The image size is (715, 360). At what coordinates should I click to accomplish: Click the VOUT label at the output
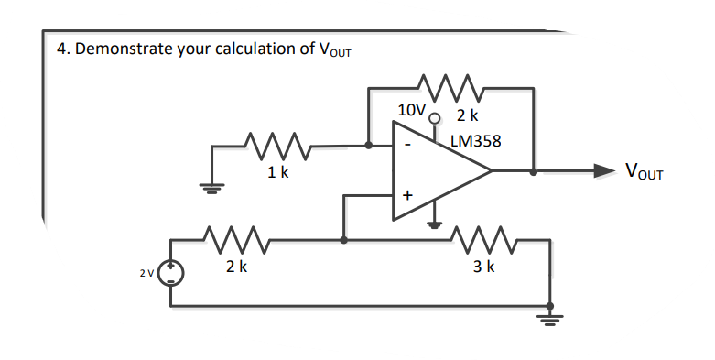(645, 171)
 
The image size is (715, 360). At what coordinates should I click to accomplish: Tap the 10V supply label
(412, 110)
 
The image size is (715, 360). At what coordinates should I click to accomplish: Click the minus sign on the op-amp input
(408, 145)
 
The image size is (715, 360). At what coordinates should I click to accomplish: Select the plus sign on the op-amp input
(408, 195)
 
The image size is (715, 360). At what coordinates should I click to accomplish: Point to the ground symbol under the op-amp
(437, 224)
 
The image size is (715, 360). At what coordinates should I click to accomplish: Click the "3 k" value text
(484, 267)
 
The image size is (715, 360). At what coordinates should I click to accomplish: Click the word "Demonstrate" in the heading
(123, 49)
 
